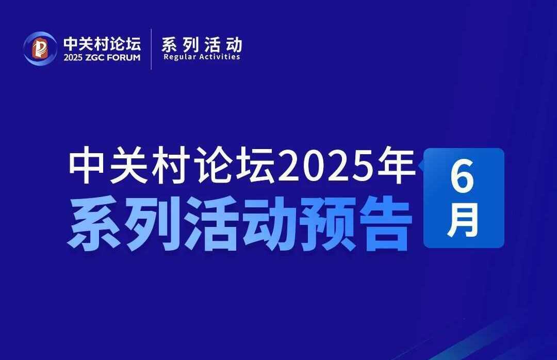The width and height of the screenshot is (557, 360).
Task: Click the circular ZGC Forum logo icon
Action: pos(40,48)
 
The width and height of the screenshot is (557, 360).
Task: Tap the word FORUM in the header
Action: pos(123,58)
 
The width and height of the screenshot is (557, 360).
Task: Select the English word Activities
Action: pos(220,57)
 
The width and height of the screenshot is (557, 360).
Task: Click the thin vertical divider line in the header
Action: pos(151,49)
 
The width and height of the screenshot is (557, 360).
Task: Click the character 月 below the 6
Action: pos(463,221)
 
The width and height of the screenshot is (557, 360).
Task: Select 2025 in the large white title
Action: pos(325,166)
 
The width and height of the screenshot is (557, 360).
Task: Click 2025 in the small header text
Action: pos(73,58)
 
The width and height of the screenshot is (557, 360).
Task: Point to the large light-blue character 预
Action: pos(329,224)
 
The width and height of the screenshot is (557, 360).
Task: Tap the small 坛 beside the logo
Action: pos(132,44)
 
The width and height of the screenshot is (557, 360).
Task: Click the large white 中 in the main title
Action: pos(87,166)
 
